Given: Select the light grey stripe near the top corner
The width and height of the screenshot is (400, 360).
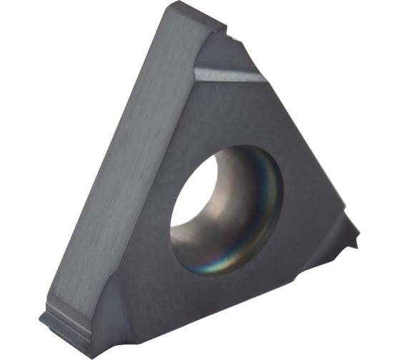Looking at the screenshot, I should pyautogui.click(x=221, y=73).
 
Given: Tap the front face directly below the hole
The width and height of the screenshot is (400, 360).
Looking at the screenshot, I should pyautogui.click(x=214, y=300).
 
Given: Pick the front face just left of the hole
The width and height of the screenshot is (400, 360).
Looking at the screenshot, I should pyautogui.click(x=143, y=214).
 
